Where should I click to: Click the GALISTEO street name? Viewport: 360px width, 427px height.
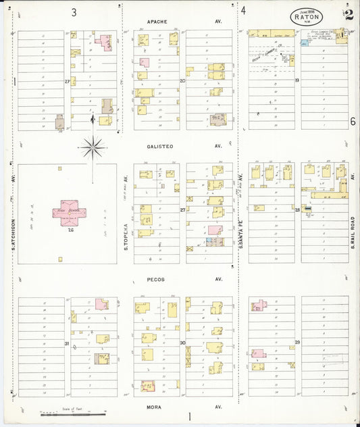point(159,146)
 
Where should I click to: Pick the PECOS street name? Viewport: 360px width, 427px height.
point(155,279)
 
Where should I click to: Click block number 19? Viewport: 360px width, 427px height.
point(297,80)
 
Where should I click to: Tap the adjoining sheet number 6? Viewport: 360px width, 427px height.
point(352,122)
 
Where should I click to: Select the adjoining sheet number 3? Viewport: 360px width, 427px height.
point(74,11)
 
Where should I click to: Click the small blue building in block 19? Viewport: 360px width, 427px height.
point(305,43)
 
